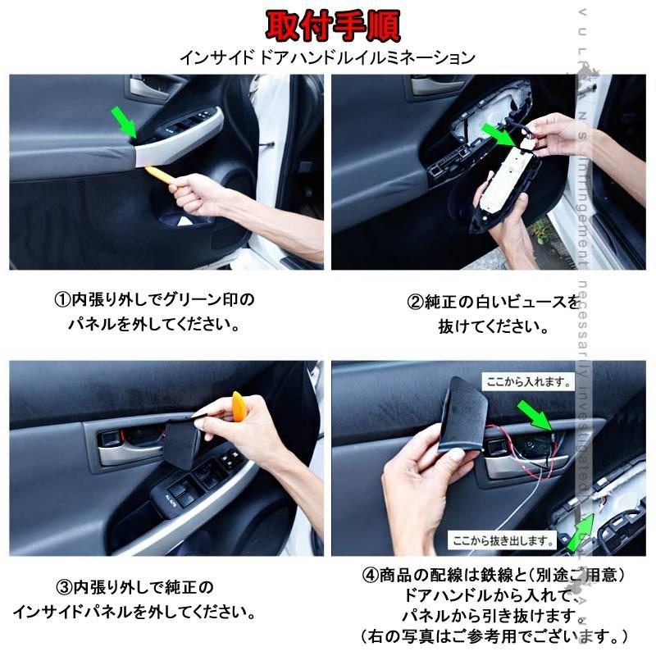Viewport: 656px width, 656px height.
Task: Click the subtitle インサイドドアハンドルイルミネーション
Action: point(327,58)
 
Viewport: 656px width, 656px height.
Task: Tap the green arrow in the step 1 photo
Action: point(125,123)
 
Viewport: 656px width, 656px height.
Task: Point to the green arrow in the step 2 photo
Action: point(498,133)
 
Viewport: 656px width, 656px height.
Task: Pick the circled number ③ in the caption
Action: point(65,588)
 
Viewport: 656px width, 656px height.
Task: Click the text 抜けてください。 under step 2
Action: point(493,326)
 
